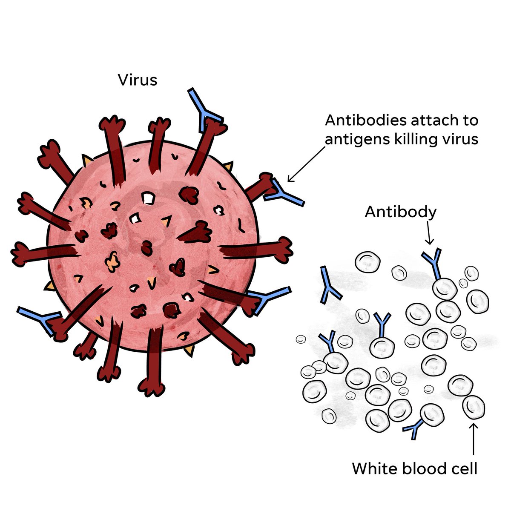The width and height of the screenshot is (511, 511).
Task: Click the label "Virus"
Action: pos(138,80)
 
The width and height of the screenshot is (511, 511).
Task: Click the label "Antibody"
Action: pos(401,212)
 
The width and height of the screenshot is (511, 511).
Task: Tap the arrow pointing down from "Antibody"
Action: pos(430,235)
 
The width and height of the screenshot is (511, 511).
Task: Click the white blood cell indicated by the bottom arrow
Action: pos(474,407)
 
